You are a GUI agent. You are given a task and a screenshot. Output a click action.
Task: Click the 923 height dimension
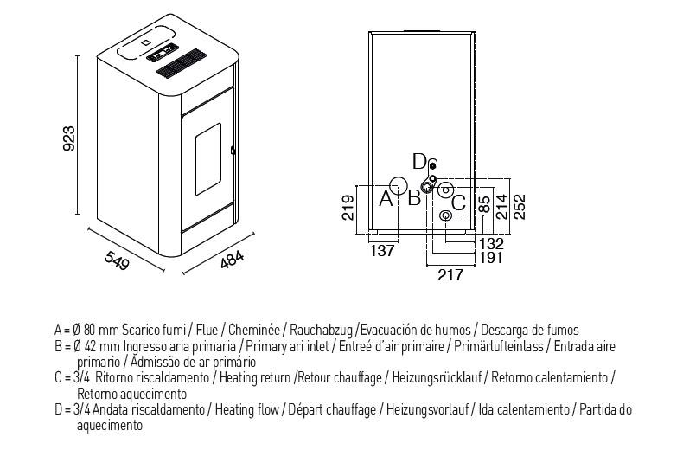point(69,138)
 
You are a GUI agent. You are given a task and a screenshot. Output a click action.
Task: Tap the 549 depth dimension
point(117,260)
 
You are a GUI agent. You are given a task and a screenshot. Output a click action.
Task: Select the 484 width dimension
point(233,260)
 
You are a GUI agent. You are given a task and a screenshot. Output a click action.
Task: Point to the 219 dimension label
point(348,208)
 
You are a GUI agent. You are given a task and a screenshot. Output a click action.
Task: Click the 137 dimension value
point(382,251)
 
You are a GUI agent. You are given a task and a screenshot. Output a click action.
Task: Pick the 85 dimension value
point(484,204)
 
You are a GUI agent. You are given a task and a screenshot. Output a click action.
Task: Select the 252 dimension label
point(520,207)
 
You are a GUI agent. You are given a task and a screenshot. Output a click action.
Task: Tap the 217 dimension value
point(450,274)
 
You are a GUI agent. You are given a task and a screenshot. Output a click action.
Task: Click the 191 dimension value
point(491,258)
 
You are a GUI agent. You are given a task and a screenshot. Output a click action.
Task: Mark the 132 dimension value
point(491,243)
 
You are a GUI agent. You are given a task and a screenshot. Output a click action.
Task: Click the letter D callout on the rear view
point(419,162)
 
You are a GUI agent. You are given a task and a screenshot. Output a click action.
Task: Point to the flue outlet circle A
point(398,186)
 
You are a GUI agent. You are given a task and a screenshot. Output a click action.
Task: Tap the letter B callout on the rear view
point(414,198)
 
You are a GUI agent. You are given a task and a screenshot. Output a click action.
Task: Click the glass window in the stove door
point(207,158)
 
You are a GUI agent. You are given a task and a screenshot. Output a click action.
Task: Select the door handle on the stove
point(233,151)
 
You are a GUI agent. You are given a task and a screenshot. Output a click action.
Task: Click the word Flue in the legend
point(207,330)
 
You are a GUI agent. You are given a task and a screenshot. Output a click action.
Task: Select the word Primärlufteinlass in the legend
point(499,346)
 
